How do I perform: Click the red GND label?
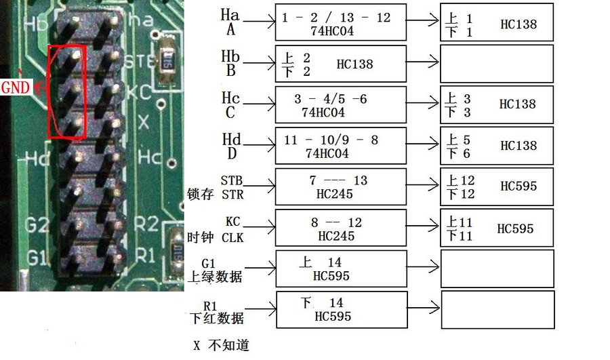(x=15, y=87)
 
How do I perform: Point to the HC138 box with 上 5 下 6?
(x=497, y=146)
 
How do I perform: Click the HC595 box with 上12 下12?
(x=497, y=186)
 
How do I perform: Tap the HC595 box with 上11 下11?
(x=497, y=228)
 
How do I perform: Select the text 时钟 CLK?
(x=216, y=237)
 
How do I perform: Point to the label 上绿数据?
(x=216, y=277)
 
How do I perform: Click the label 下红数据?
(x=216, y=318)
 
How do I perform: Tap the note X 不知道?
(x=221, y=345)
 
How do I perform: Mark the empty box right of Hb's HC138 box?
(x=497, y=64)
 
